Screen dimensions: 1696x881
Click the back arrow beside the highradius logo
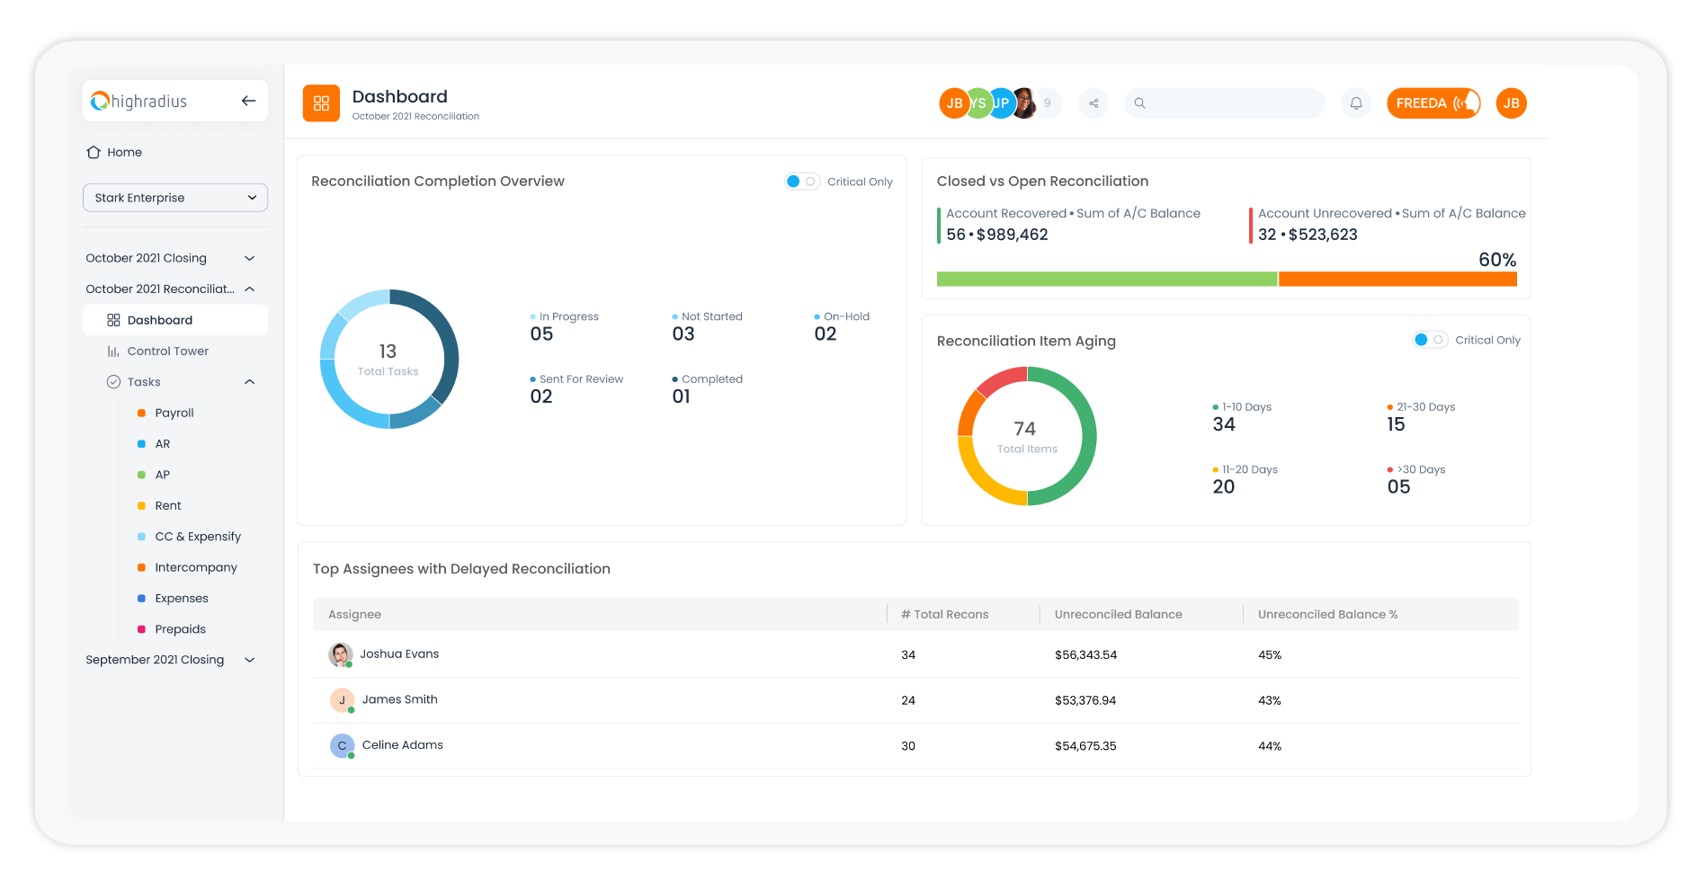pos(249,101)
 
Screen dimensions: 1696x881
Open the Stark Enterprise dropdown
pos(175,198)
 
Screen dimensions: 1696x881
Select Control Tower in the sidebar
pos(167,352)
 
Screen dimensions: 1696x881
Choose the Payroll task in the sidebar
pos(174,414)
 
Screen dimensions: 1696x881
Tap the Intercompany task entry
pos(195,568)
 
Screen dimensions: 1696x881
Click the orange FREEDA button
pos(1433,103)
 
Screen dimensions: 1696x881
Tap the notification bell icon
pos(1356,103)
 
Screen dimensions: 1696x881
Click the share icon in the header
pos(1093,103)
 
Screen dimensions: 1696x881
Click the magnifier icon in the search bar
pos(1139,103)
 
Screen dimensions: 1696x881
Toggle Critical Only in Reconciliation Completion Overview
pos(801,182)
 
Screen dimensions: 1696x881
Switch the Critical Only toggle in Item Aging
pos(1429,340)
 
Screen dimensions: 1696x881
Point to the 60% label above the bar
pos(1497,260)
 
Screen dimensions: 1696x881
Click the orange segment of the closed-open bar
pos(1397,280)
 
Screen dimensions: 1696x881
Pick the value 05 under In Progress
pos(541,334)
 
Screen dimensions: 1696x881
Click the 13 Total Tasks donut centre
pos(388,359)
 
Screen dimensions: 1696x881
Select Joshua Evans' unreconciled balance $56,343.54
pos(1085,655)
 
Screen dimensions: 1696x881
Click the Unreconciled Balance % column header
pos(1327,615)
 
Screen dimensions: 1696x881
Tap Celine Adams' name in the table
pos(402,745)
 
